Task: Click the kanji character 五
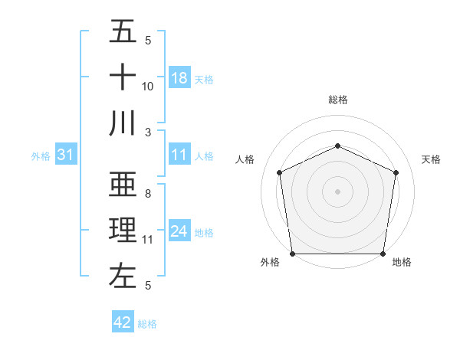point(123,32)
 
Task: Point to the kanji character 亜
point(123,185)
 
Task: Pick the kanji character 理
point(123,230)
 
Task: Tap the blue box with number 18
point(179,78)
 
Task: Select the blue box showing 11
point(179,155)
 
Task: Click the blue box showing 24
point(179,232)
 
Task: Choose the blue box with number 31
point(66,155)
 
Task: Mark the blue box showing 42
point(123,322)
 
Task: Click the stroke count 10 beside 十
point(148,87)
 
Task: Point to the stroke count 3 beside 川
point(148,131)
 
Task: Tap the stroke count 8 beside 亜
point(148,195)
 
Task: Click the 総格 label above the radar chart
point(338,100)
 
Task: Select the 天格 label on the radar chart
point(431,159)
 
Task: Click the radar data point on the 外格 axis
point(292,254)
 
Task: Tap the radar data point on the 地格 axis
point(383,254)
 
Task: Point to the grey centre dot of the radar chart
point(337,191)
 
